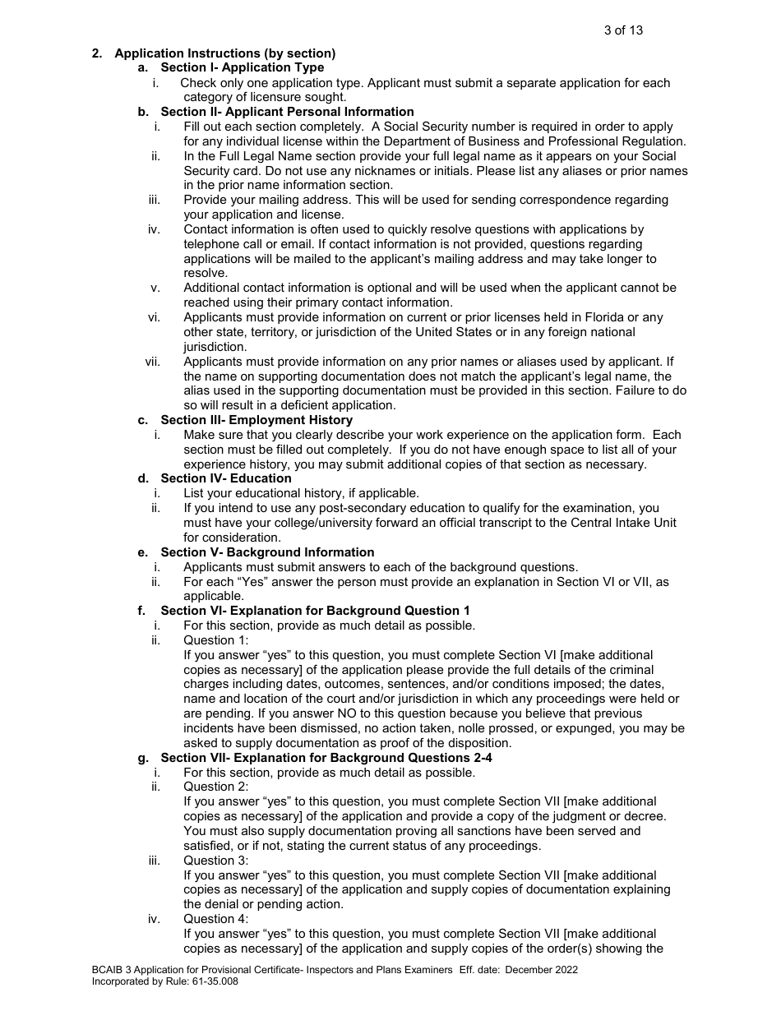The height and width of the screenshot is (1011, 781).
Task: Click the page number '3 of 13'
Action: (623, 30)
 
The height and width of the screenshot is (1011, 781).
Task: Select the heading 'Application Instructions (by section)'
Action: (224, 53)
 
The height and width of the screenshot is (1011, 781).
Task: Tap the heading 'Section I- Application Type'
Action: (242, 67)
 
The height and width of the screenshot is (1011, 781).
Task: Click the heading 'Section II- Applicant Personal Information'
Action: (287, 112)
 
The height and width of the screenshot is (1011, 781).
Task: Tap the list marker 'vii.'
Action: (152, 362)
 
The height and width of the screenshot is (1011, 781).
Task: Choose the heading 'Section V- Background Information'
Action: (267, 552)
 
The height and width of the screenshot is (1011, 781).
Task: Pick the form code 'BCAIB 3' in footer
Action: (113, 970)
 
